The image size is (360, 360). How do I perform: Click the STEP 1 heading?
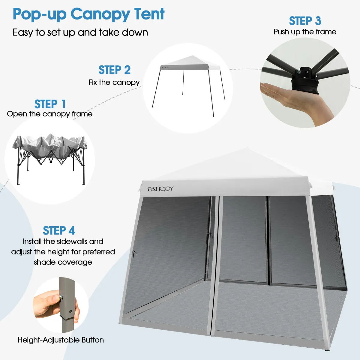pyautogui.click(x=50, y=104)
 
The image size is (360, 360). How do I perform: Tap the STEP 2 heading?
pyautogui.click(x=115, y=70)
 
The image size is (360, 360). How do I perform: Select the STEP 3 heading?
pyautogui.click(x=305, y=21)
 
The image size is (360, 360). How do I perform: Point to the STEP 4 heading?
pyautogui.click(x=59, y=230)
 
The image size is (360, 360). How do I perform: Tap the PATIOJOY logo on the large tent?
pyautogui.click(x=160, y=189)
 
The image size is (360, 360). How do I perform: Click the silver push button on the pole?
pyautogui.click(x=61, y=296)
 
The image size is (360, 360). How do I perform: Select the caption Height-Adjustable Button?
pyautogui.click(x=61, y=340)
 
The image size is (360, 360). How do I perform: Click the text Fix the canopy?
pyautogui.click(x=114, y=82)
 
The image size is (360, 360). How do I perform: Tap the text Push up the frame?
pyautogui.click(x=305, y=32)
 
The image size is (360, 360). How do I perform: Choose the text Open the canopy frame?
pyautogui.click(x=50, y=114)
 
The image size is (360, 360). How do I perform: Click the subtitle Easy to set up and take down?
pyautogui.click(x=80, y=32)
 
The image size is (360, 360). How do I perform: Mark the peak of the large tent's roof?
pyautogui.click(x=247, y=148)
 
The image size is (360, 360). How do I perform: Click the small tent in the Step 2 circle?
pyautogui.click(x=189, y=86)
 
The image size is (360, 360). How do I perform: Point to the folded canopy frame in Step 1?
pyautogui.click(x=49, y=159)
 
